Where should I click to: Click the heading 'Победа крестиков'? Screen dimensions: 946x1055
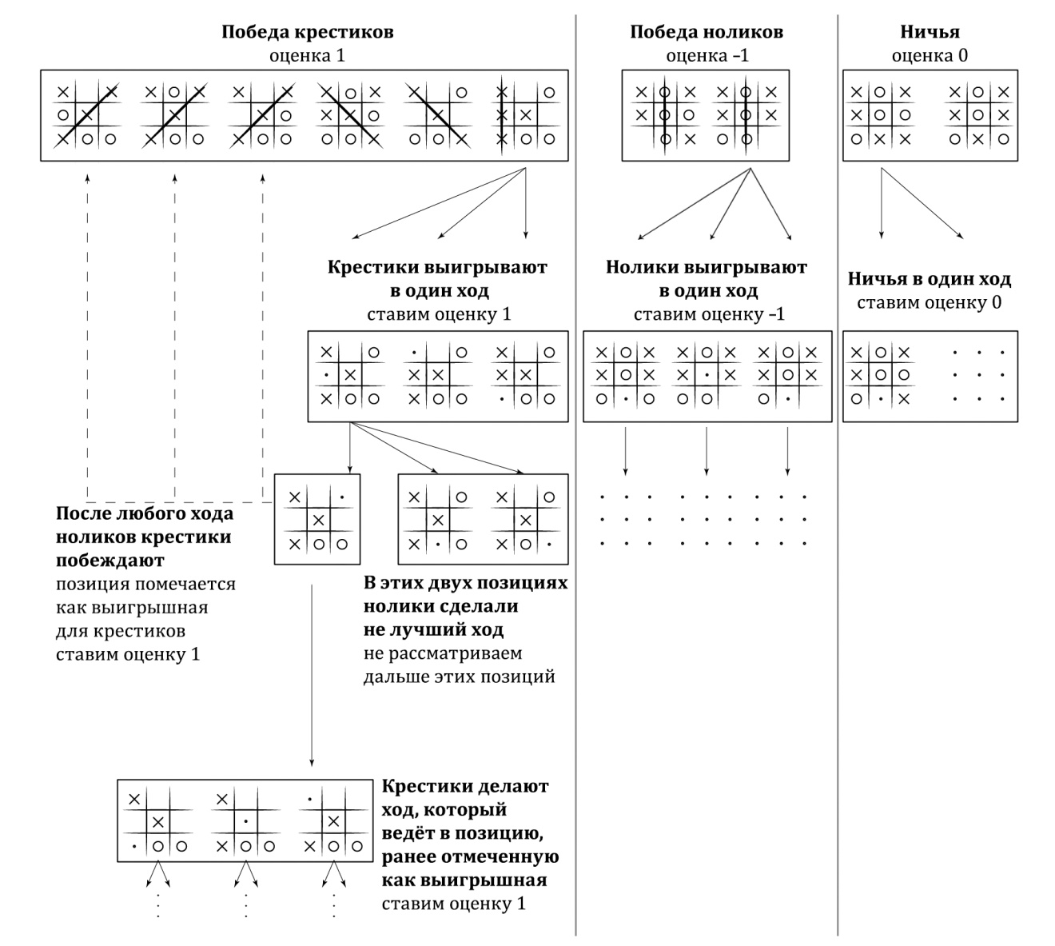(308, 33)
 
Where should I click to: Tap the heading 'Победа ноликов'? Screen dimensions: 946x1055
(707, 33)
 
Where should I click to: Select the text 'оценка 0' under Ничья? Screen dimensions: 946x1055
(930, 56)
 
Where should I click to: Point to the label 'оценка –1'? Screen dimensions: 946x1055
(707, 56)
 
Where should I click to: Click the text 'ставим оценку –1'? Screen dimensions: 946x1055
(709, 314)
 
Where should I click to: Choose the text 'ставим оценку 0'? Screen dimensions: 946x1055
(930, 303)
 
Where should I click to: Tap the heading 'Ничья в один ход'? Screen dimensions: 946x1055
(930, 280)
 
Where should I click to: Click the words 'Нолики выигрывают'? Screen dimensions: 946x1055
(707, 267)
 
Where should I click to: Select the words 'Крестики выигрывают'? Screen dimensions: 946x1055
(438, 267)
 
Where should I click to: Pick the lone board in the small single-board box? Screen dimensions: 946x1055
(318, 521)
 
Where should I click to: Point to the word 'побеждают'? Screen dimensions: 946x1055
(110, 560)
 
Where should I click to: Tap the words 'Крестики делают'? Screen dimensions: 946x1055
(466, 786)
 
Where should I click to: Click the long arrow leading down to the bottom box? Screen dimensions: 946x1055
(312, 672)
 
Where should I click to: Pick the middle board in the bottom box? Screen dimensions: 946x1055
(246, 821)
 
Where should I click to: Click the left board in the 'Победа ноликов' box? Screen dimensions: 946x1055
(665, 115)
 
